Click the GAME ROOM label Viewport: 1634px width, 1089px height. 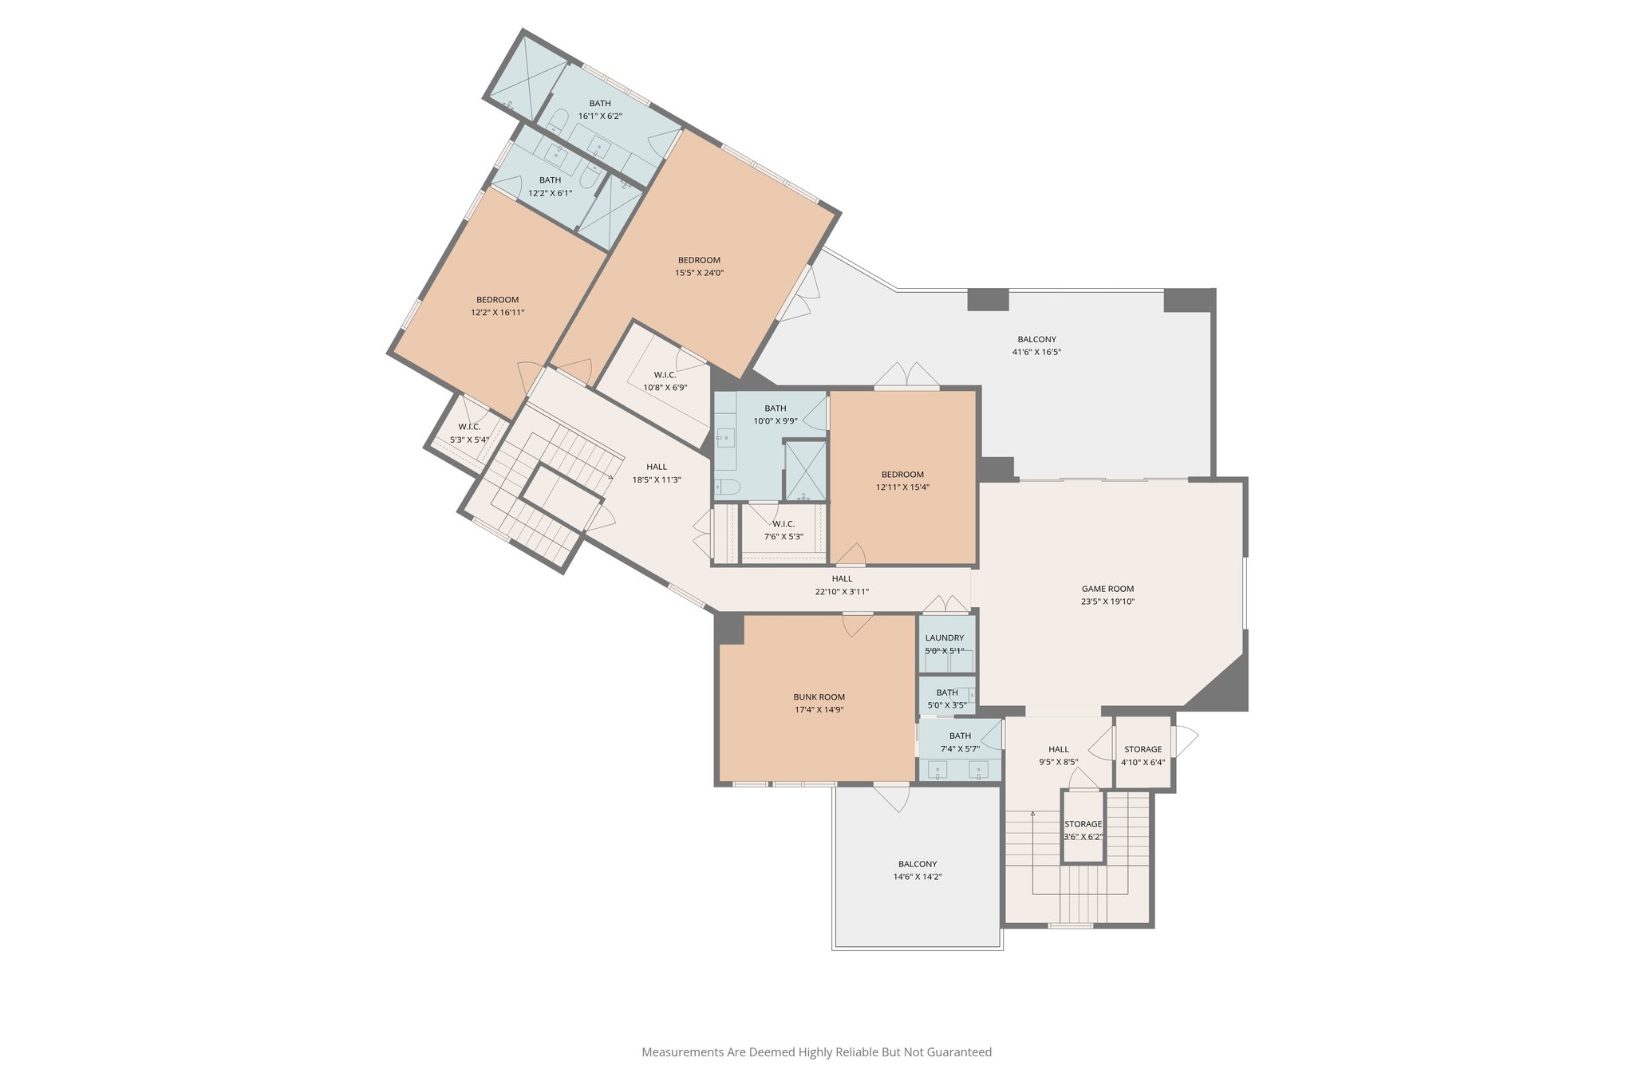[x=1107, y=589]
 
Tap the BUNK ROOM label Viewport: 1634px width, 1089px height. [x=819, y=696]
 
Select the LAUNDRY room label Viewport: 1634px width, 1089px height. [x=945, y=637]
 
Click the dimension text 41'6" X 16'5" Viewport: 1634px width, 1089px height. [x=1036, y=352]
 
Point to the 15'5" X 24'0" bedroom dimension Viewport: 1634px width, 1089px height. [x=699, y=273]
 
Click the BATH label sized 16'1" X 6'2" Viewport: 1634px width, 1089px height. [x=600, y=103]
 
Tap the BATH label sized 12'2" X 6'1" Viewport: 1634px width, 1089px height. [x=550, y=180]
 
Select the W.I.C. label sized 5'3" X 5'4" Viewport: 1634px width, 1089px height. [x=469, y=427]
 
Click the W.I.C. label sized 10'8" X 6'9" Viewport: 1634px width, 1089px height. [x=665, y=375]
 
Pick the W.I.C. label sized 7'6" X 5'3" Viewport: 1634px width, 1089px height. [x=783, y=524]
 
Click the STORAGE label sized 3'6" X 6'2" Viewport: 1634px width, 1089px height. [x=1083, y=824]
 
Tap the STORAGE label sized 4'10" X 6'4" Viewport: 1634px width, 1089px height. [x=1143, y=749]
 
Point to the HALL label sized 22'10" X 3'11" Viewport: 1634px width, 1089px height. [x=842, y=578]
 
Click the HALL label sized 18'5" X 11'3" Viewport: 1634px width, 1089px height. [x=657, y=467]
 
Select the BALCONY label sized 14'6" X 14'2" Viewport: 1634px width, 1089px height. [x=918, y=864]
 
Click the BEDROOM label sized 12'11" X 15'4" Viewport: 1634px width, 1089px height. [x=902, y=474]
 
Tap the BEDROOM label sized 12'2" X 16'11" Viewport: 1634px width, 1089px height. [x=497, y=300]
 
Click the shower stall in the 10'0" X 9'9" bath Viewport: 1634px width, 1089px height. [x=806, y=471]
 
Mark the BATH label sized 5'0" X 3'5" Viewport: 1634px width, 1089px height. [x=947, y=692]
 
